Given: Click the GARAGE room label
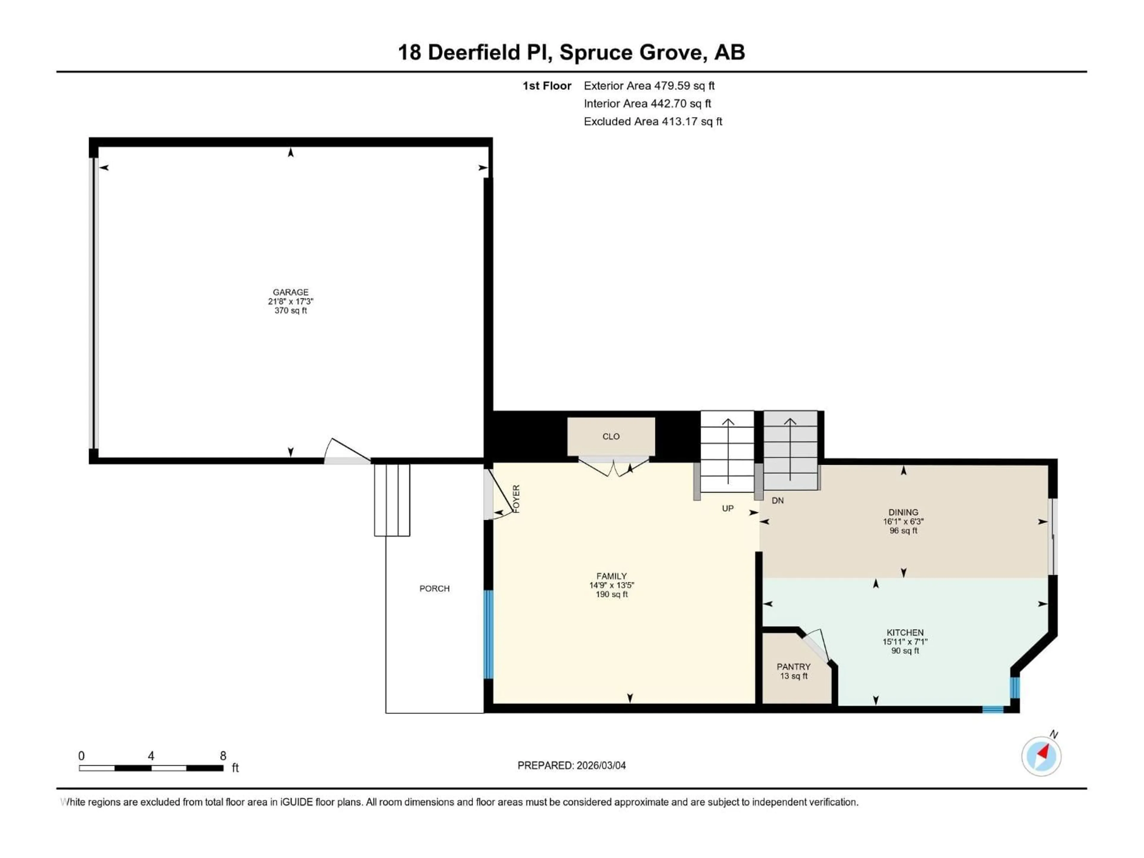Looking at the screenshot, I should tap(291, 292).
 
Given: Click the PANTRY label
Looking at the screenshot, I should tap(793, 667).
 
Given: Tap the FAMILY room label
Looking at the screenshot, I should tap(611, 576).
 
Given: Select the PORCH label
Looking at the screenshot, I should tap(434, 589).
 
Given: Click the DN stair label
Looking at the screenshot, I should tap(777, 500).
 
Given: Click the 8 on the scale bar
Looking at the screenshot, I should tap(223, 756).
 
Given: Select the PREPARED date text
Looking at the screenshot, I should tap(571, 765).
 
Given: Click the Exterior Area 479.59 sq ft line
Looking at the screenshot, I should tap(649, 86).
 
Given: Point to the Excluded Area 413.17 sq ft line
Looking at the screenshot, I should tap(653, 122).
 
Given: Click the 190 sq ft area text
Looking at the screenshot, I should tap(611, 595).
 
